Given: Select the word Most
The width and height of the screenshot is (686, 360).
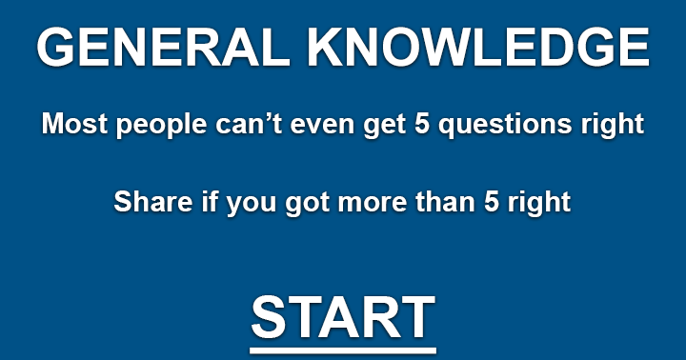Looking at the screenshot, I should [x=69, y=125].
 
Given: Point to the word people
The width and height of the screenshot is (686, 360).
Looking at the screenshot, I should [x=144, y=125].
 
